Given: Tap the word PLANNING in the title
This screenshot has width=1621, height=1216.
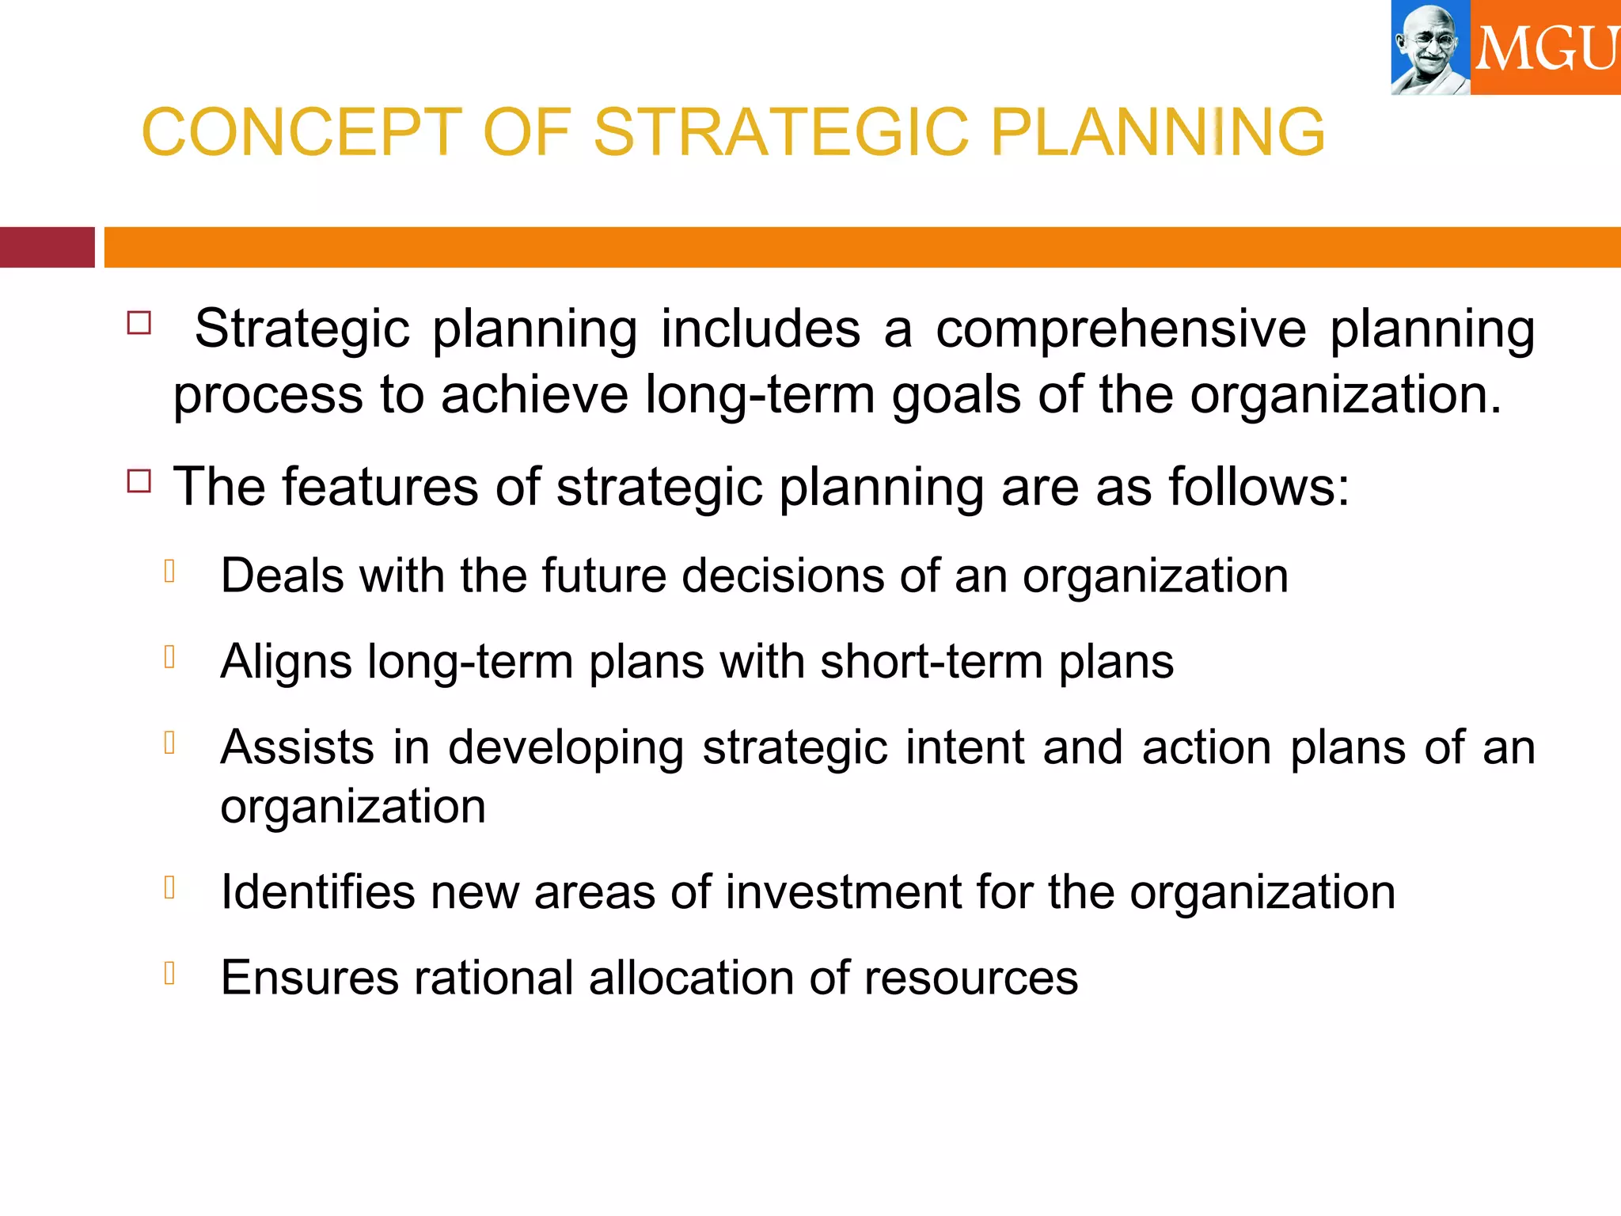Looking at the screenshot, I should (1157, 131).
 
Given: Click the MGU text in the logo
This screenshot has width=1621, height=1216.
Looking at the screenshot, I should (1545, 49).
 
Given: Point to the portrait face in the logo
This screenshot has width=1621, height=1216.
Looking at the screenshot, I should (1429, 44).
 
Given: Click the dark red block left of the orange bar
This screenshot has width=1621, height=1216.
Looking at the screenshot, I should (47, 247).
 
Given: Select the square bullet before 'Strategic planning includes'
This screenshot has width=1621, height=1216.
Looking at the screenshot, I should (139, 322).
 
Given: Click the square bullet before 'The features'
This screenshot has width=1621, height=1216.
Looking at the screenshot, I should (139, 481).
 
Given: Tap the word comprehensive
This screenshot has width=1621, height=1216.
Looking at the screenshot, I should (1121, 329).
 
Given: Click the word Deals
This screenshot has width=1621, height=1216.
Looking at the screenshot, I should (282, 575).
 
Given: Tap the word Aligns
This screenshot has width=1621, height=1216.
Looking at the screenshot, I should (286, 662).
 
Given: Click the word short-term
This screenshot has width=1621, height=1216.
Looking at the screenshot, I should (931, 662).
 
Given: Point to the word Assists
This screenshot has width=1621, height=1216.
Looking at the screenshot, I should (297, 747).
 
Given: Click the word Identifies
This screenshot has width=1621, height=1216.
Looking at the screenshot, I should (317, 891).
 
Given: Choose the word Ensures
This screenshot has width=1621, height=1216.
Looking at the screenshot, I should (309, 977).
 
